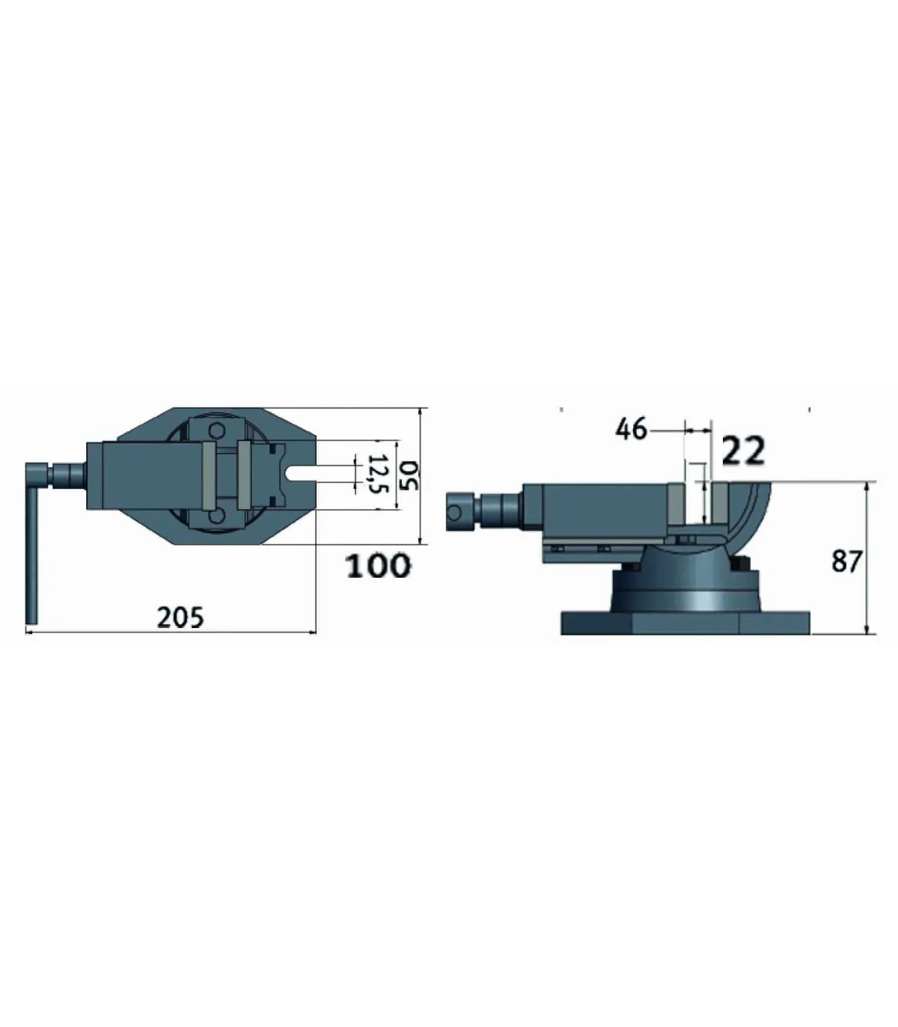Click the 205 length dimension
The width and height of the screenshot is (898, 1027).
[x=180, y=618]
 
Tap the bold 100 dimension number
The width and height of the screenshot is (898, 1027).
[x=378, y=567]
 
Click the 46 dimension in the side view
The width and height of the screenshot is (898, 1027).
[x=630, y=430]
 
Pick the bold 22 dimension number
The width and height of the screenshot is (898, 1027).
[x=743, y=451]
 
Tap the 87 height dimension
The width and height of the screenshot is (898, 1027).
[x=846, y=561]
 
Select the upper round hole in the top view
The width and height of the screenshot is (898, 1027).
[x=217, y=430]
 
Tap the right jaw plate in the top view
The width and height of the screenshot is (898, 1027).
[x=244, y=475]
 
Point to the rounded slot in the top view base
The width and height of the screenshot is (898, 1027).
[x=299, y=474]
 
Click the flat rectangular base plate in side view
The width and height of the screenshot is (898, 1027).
[x=685, y=624]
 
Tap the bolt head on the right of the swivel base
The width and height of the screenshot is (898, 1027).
[x=741, y=564]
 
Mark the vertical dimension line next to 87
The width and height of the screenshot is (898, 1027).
[x=867, y=558]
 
